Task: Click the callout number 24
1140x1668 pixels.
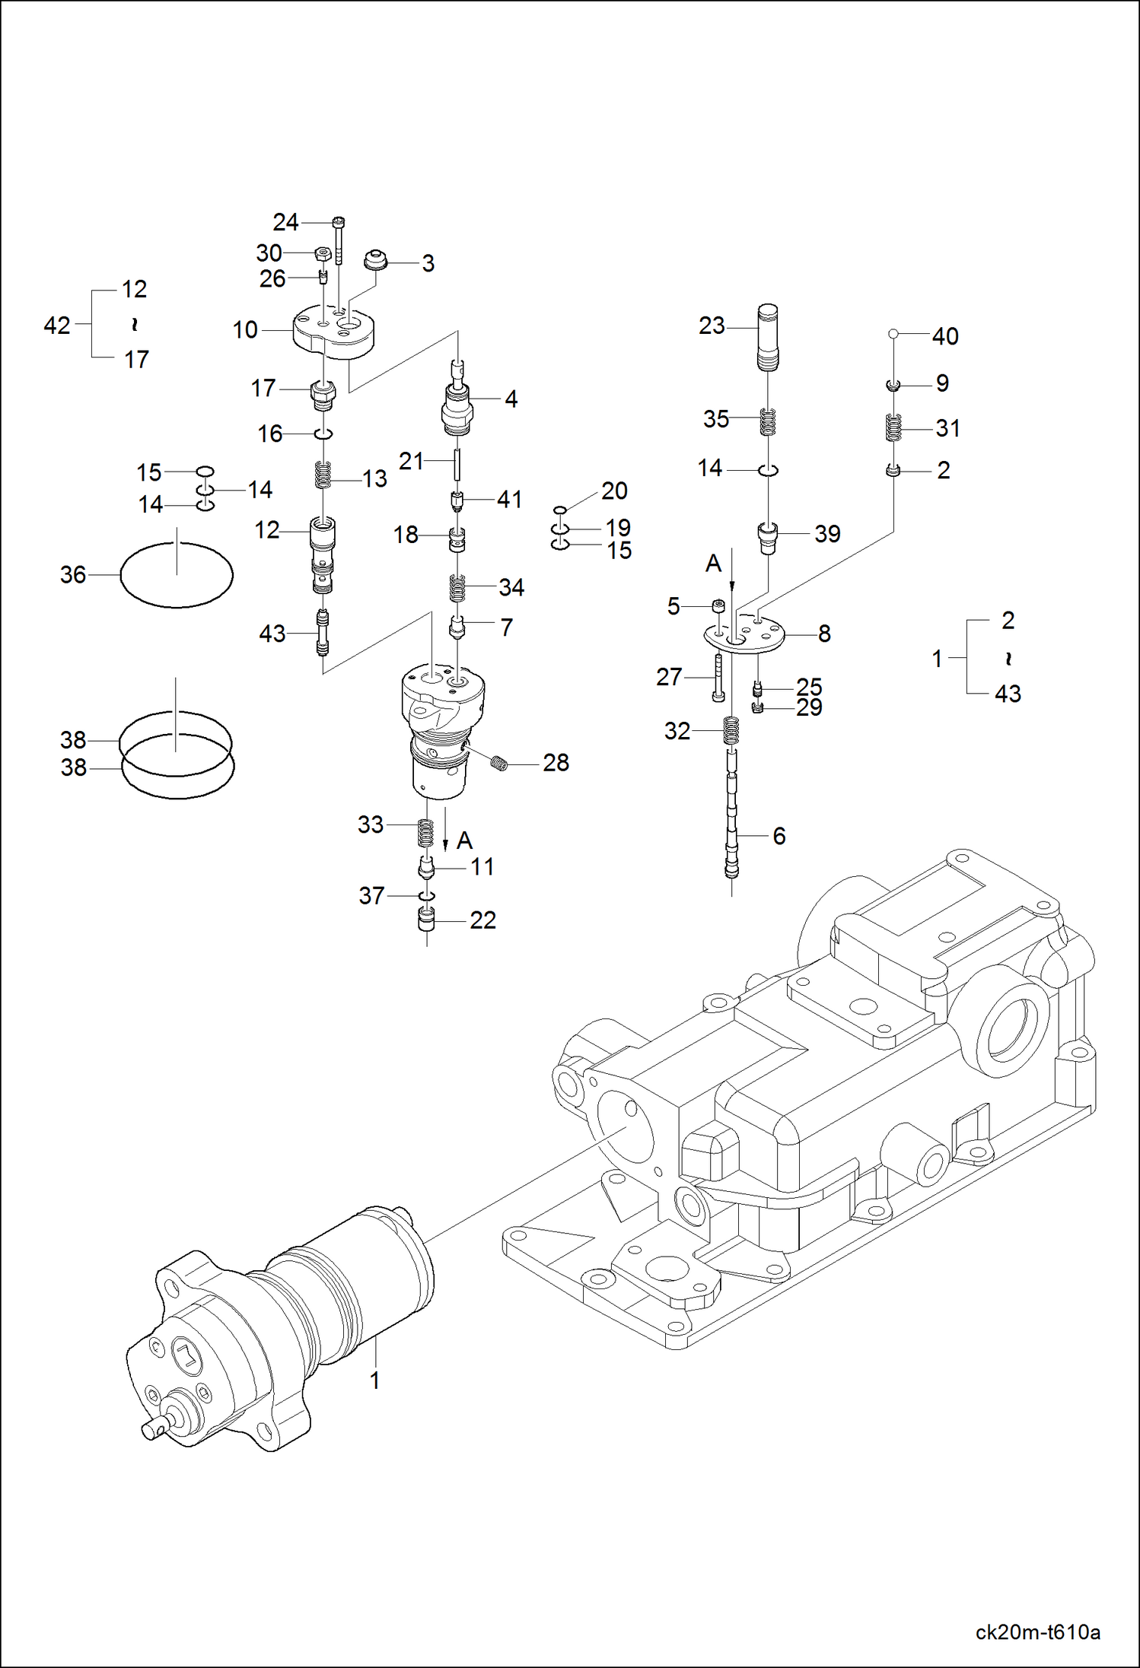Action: click(x=285, y=222)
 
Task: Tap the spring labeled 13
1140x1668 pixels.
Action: click(x=323, y=476)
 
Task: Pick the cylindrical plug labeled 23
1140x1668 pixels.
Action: click(x=768, y=336)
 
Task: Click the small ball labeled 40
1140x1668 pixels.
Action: click(x=893, y=333)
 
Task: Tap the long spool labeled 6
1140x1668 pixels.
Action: click(x=731, y=814)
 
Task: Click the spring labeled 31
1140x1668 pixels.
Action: click(x=893, y=427)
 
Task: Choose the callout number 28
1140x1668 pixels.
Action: click(x=556, y=763)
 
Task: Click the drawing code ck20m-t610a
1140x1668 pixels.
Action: click(x=1037, y=1632)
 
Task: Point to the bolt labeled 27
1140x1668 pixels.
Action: click(x=718, y=678)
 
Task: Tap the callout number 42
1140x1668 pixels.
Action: click(x=57, y=326)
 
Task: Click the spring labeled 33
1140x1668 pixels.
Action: click(x=427, y=832)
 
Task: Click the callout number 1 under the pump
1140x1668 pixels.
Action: click(x=374, y=1380)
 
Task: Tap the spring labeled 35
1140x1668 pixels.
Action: click(x=768, y=421)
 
